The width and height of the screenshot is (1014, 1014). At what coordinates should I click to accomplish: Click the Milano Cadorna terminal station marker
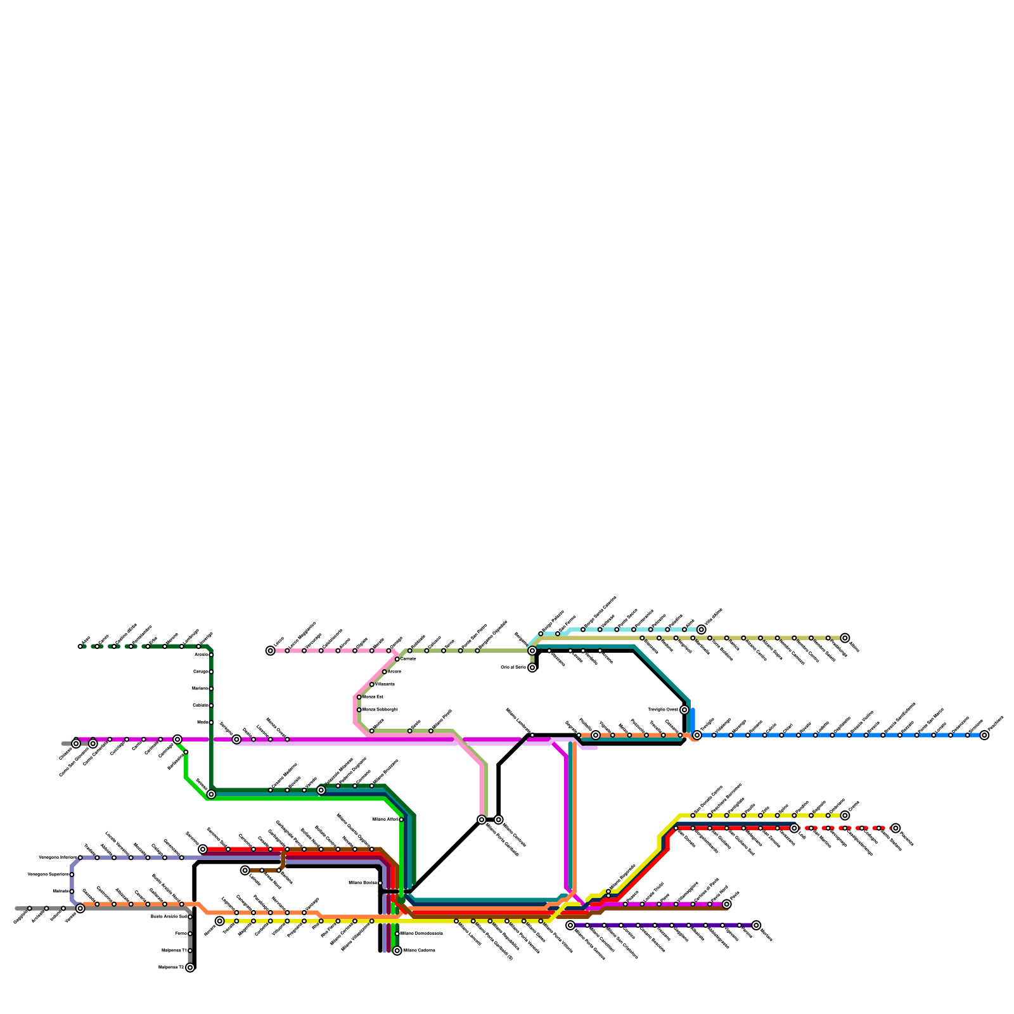point(397,951)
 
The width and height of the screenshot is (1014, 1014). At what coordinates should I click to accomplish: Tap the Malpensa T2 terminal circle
point(190,968)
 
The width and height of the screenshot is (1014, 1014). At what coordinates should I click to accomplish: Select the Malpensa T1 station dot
point(190,951)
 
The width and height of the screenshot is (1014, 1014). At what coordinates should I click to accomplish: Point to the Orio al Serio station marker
point(532,667)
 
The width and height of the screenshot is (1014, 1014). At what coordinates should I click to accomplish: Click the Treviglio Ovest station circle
point(684,710)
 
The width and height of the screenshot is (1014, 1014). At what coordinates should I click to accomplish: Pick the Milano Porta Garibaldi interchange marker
point(482,819)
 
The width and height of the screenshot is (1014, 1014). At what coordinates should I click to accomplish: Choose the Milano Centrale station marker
point(499,819)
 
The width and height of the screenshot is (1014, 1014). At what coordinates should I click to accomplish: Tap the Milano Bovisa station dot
point(380,883)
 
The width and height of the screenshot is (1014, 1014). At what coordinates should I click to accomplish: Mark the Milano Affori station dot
point(401,819)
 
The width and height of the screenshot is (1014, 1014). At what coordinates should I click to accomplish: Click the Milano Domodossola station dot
point(397,934)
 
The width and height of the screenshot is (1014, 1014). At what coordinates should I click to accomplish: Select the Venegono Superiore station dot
point(72,875)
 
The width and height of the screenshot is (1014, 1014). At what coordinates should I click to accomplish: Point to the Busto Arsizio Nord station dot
point(190,916)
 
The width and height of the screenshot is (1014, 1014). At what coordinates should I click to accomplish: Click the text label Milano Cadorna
point(419,951)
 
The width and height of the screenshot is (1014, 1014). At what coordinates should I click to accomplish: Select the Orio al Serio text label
point(513,667)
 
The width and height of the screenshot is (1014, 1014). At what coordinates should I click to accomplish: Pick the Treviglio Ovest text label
point(663,710)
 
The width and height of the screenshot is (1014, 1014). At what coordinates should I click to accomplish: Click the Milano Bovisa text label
point(363,883)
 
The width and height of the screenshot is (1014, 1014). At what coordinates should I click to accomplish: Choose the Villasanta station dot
point(372,684)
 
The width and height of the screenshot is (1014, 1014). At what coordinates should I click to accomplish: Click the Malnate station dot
point(72,892)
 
